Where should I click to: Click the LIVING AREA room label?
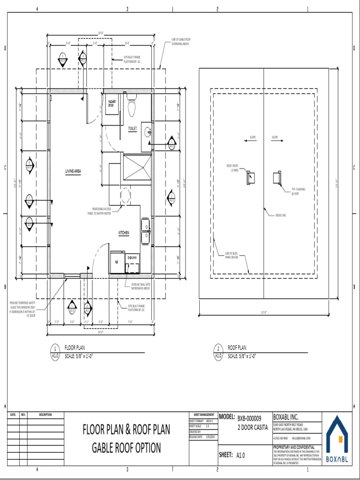73,172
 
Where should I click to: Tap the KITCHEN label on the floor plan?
123,232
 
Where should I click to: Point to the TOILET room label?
133,127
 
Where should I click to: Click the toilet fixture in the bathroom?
132,106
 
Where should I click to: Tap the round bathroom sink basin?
148,132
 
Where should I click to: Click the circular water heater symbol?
126,195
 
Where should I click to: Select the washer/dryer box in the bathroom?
112,103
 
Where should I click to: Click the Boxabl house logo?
337,438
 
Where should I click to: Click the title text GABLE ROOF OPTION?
126,448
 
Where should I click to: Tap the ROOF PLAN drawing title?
237,348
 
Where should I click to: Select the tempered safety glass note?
23,309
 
